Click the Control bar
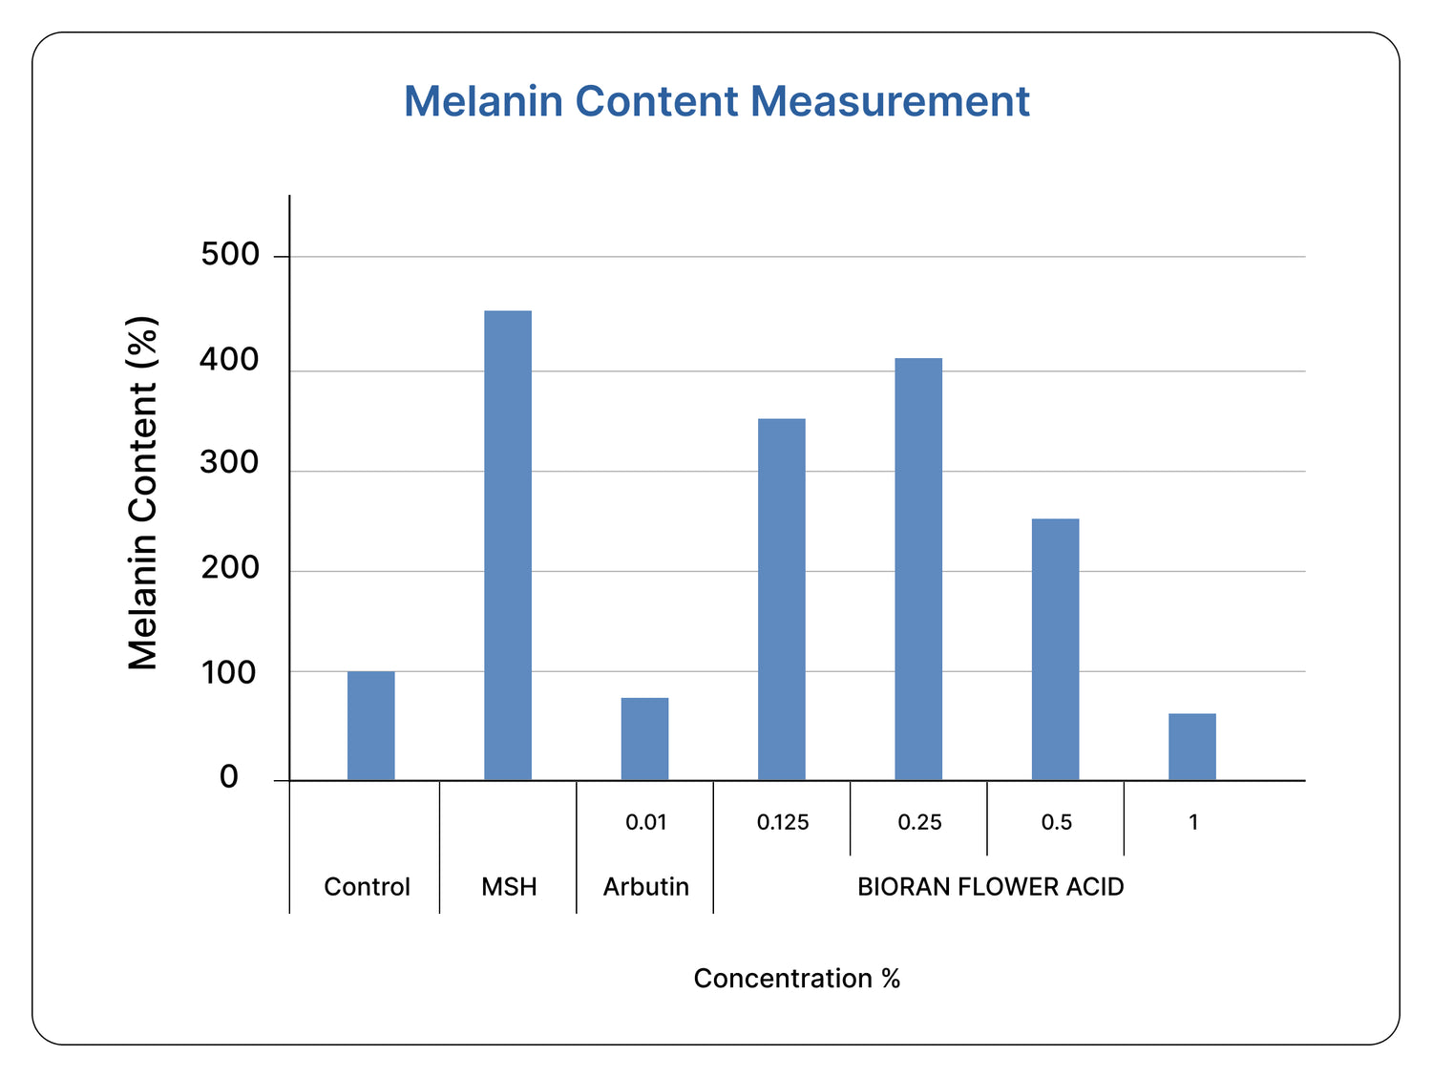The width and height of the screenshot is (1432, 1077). click(x=370, y=726)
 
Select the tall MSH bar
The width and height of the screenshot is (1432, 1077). click(x=508, y=545)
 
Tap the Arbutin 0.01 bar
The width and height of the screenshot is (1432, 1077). click(x=644, y=739)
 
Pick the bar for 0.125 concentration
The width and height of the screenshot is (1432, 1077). click(x=781, y=599)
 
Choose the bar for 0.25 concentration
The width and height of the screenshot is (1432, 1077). click(x=918, y=569)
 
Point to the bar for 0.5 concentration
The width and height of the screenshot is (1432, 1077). click(x=1055, y=649)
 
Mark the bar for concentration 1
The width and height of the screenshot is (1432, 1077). click(x=1191, y=747)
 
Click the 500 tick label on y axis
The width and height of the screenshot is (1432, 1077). click(x=230, y=255)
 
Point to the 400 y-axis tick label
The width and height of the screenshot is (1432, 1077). click(x=230, y=360)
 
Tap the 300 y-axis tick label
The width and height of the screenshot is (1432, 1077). click(x=230, y=463)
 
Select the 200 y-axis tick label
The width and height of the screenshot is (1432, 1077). click(x=230, y=568)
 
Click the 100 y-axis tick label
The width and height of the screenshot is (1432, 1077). click(x=230, y=673)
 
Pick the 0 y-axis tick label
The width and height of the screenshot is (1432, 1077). click(x=229, y=777)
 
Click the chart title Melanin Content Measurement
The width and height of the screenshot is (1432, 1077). click(x=716, y=101)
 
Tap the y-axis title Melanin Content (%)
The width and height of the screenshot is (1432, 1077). click(x=142, y=493)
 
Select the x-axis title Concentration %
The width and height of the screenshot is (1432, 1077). click(x=796, y=979)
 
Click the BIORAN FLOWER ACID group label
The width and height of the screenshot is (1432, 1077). click(x=990, y=887)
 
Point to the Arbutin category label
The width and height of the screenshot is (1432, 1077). click(x=645, y=887)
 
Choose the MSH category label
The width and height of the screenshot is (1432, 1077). click(x=509, y=887)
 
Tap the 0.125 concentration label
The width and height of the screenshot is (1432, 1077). click(x=782, y=822)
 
